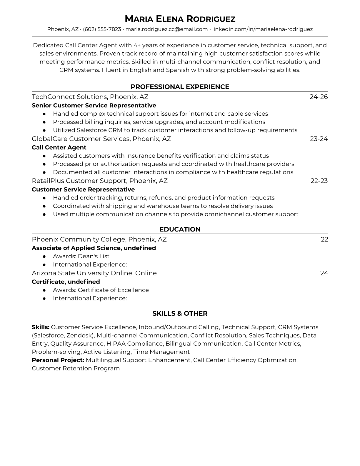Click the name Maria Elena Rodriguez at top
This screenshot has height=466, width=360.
(180, 19)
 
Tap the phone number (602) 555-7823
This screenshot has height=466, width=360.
(102, 29)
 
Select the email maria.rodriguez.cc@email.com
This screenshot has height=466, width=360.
(166, 29)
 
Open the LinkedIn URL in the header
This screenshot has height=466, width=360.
(262, 29)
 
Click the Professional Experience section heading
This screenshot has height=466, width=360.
(180, 87)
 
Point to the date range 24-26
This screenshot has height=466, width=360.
(319, 97)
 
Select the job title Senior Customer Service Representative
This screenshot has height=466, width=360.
(94, 105)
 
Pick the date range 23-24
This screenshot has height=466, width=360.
(319, 139)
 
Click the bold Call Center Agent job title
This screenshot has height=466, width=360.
(59, 147)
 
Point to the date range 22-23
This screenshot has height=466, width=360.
(319, 181)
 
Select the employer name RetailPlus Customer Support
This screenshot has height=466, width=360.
(79, 181)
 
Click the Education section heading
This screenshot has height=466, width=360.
(180, 229)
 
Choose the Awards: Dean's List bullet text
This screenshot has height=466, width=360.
(81, 256)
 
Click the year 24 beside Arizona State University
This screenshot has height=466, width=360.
(324, 273)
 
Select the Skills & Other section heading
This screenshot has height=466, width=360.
(180, 314)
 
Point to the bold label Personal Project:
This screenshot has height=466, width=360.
(58, 360)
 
